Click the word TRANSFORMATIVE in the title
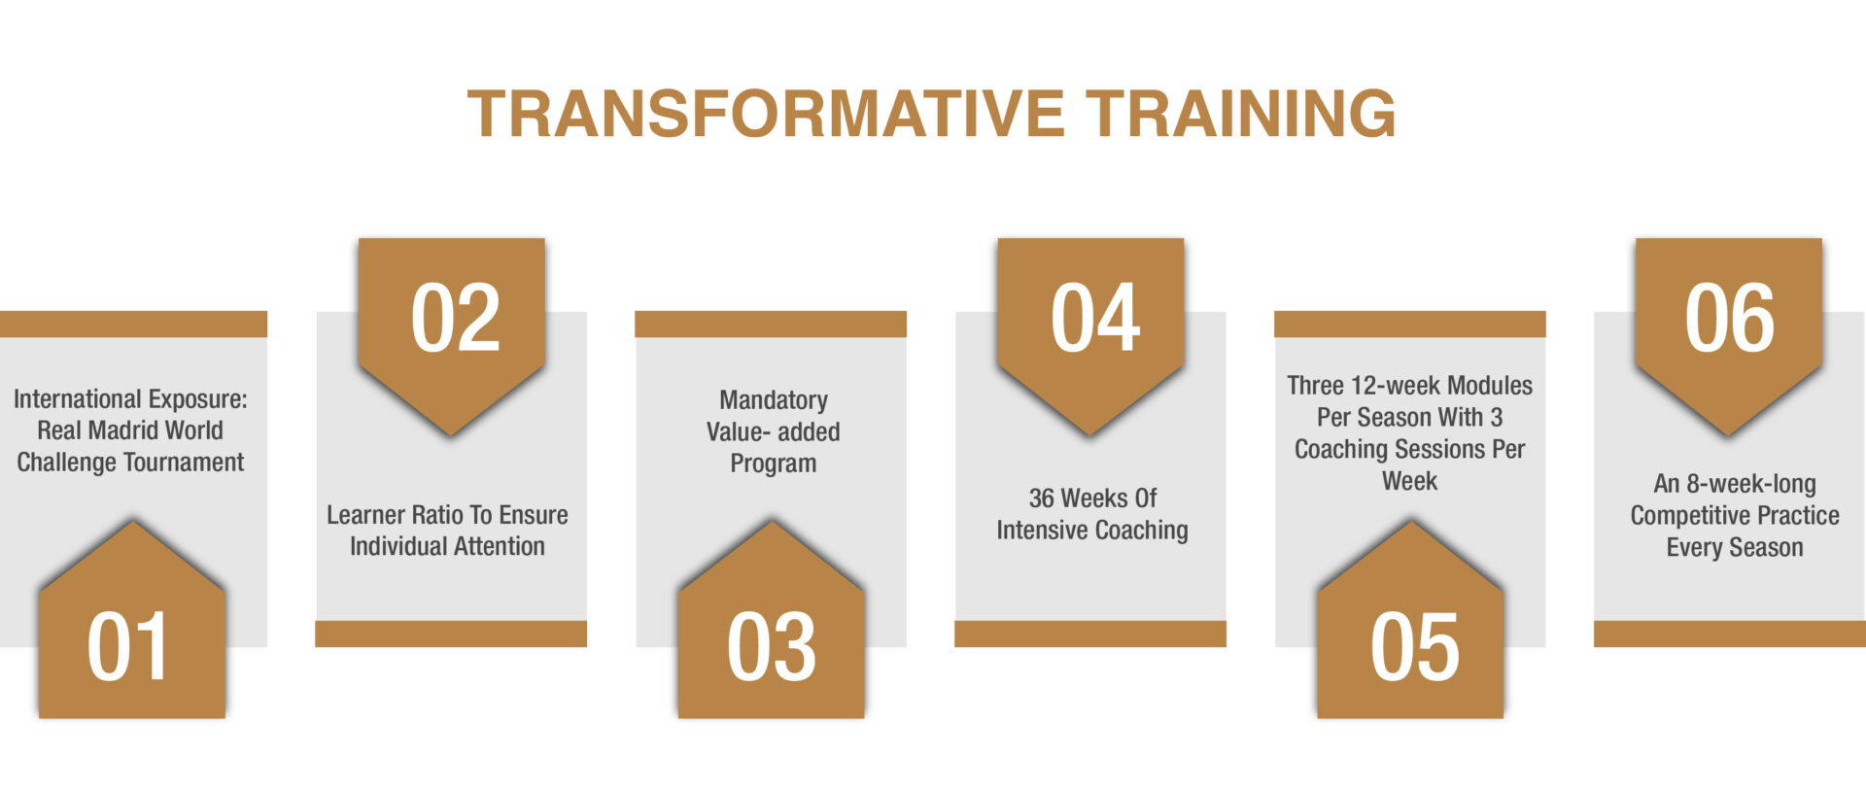(x=766, y=114)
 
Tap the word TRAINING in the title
(x=1241, y=114)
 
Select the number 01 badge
(x=132, y=622)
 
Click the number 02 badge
(x=452, y=335)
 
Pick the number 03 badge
(x=772, y=622)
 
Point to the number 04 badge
(x=1091, y=335)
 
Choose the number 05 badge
(x=1411, y=622)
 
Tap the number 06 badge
(x=1729, y=335)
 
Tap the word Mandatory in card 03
(x=774, y=401)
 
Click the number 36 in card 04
(x=1042, y=498)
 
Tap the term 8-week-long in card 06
(x=1751, y=485)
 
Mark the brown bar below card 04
(x=1090, y=634)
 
